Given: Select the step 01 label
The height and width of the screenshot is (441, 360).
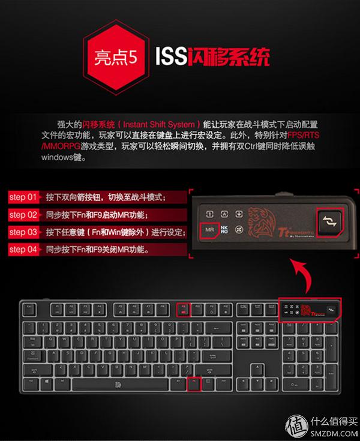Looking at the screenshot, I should [x=23, y=197].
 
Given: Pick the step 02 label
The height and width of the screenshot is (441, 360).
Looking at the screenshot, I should [x=23, y=214].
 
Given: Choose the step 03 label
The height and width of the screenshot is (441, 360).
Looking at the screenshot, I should [x=23, y=232].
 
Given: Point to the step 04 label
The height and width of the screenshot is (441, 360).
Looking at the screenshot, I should [x=23, y=249].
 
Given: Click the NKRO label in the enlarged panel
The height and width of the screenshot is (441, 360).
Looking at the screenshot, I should [x=224, y=230].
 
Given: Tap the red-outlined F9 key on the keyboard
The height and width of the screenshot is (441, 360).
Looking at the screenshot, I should [x=184, y=309].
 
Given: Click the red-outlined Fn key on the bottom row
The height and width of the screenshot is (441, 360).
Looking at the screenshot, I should [x=193, y=383].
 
